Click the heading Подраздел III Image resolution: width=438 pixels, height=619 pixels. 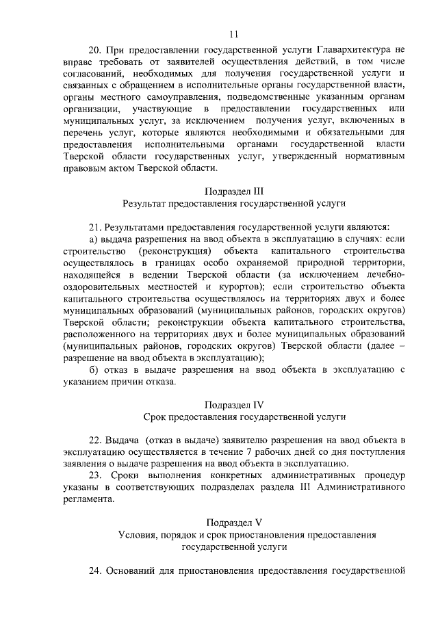pyautogui.click(x=234, y=192)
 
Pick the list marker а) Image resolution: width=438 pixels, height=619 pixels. pyautogui.click(x=94, y=239)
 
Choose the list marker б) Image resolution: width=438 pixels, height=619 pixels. pyautogui.click(x=94, y=370)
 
